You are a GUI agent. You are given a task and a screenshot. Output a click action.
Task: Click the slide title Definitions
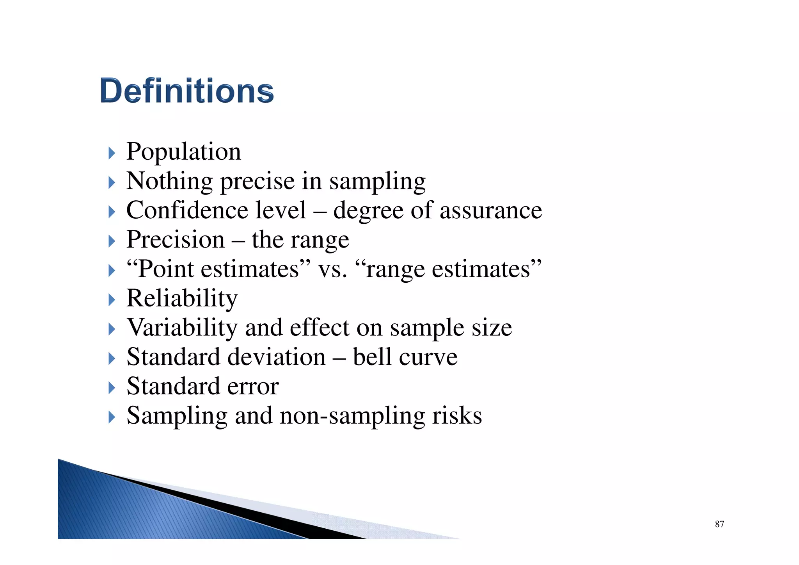click(187, 91)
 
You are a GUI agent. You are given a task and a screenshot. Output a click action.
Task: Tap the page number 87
click(719, 524)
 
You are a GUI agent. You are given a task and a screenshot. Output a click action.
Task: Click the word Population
click(184, 151)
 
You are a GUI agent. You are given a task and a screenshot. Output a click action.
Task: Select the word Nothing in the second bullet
click(170, 181)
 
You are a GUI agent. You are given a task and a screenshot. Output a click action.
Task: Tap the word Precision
click(176, 240)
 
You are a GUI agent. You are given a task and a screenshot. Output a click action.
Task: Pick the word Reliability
click(182, 299)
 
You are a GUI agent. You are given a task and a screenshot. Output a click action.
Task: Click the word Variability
click(182, 328)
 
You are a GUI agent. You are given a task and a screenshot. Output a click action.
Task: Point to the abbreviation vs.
click(332, 269)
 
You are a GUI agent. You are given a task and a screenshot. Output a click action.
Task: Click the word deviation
click(276, 357)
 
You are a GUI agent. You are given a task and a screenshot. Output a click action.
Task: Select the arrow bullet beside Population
click(112, 153)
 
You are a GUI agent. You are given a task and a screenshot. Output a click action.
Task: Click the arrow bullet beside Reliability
click(112, 300)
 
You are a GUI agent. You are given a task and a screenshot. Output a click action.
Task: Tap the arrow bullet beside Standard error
click(112, 388)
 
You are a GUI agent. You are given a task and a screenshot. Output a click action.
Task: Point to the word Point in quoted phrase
click(166, 269)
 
